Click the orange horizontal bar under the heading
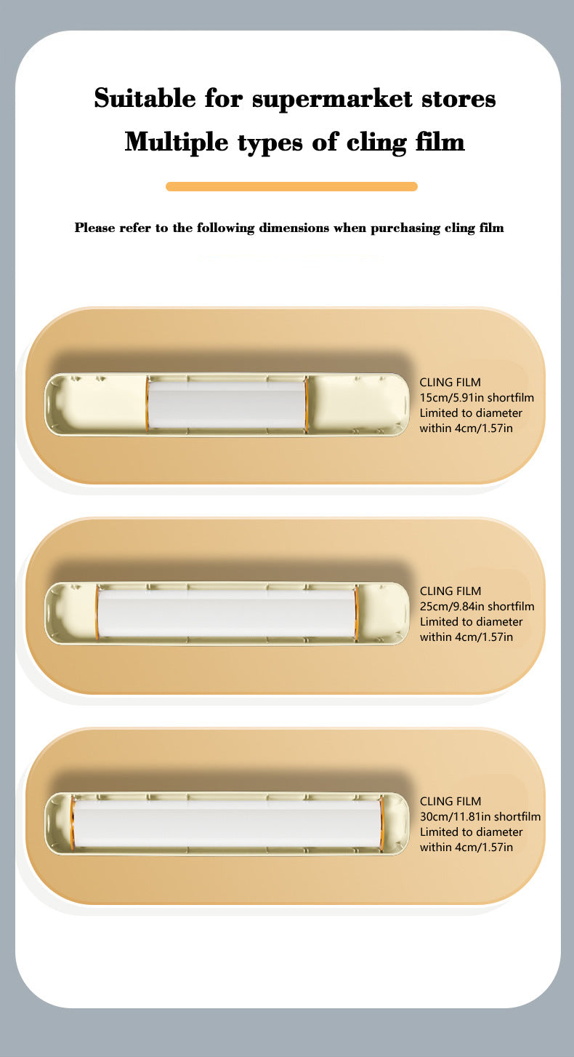(x=291, y=187)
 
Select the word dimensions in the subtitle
(x=292, y=228)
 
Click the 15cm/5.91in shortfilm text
(x=477, y=398)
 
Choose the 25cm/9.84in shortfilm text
(x=477, y=607)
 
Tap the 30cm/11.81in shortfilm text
(x=480, y=817)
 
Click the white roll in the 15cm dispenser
(x=227, y=404)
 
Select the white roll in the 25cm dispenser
(x=227, y=613)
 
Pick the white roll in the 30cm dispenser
(x=227, y=822)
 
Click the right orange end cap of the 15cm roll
(x=307, y=404)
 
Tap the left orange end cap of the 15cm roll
(x=147, y=404)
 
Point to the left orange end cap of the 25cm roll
(x=97, y=613)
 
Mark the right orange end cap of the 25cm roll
(x=357, y=613)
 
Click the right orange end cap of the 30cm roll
(x=381, y=822)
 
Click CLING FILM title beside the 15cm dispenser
(x=450, y=383)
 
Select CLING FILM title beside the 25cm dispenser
(x=450, y=591)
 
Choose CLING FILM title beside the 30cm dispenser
(x=450, y=802)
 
